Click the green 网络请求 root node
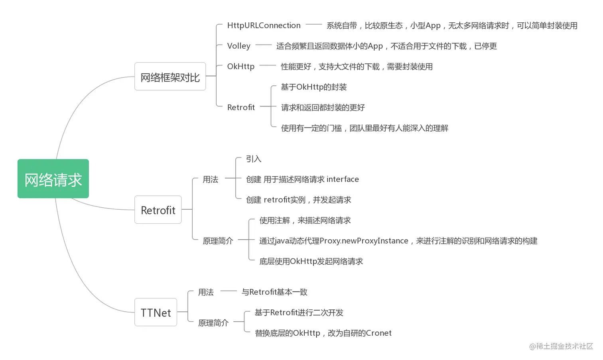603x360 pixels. (x=53, y=179)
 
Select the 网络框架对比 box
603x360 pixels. (x=170, y=77)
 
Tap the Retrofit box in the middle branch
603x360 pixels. (x=158, y=210)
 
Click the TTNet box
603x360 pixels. (x=156, y=312)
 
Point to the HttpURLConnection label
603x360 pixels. (x=264, y=26)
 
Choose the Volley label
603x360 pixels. (x=238, y=46)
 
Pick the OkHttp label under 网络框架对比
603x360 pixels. (x=240, y=66)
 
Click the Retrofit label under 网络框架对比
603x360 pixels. (x=241, y=107)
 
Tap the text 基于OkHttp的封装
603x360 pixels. (x=313, y=87)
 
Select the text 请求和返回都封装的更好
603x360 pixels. (x=323, y=107)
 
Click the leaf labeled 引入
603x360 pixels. (x=253, y=159)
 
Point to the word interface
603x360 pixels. (x=343, y=179)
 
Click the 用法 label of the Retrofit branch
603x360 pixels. (x=210, y=179)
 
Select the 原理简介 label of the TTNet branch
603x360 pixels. (x=213, y=323)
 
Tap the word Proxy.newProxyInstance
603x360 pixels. (x=364, y=241)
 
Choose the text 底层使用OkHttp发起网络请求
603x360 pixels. (x=311, y=261)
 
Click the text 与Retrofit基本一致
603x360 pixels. (x=274, y=292)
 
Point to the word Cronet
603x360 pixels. (x=378, y=333)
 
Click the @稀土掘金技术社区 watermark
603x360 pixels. (x=561, y=346)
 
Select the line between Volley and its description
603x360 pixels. (x=263, y=45)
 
